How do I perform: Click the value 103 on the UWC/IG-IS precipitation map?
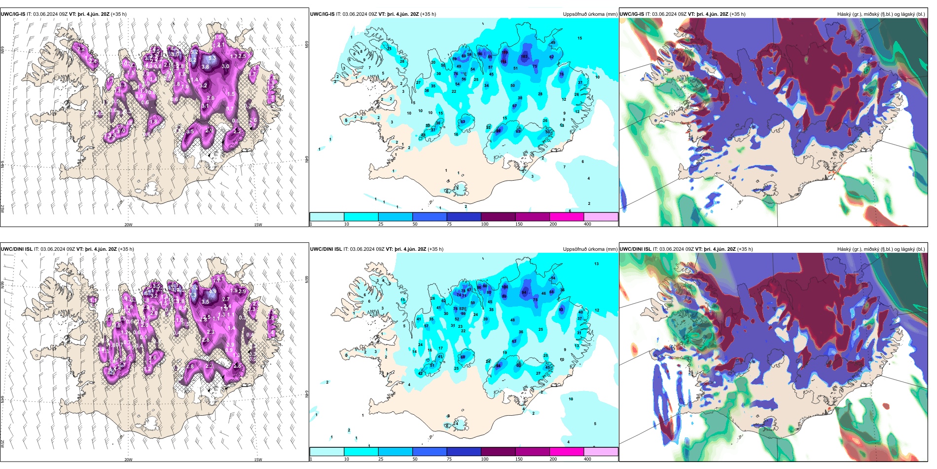tap(524, 57)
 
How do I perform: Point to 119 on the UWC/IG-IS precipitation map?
tap(505, 52)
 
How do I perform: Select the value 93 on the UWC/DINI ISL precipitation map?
tap(561, 310)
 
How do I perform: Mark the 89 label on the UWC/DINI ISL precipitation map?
tap(504, 296)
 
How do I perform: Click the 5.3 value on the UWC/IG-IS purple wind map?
tap(212, 58)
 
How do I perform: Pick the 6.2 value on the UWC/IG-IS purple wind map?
tap(192, 60)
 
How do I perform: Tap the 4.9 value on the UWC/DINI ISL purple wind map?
tap(213, 292)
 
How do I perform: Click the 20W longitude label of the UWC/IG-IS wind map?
tap(128, 225)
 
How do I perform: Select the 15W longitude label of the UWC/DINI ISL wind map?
tap(258, 460)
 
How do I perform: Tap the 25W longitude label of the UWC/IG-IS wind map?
tap(2, 209)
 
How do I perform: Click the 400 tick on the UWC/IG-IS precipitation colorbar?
tap(587, 224)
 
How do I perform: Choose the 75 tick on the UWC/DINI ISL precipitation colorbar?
tap(449, 459)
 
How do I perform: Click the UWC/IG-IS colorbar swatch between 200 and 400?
tap(601, 217)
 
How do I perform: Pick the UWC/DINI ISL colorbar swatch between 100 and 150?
tap(498, 452)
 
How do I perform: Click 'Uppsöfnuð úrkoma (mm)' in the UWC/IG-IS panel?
tap(590, 14)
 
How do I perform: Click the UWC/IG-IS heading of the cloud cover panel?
tap(632, 14)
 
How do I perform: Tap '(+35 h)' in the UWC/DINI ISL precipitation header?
tap(435, 249)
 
